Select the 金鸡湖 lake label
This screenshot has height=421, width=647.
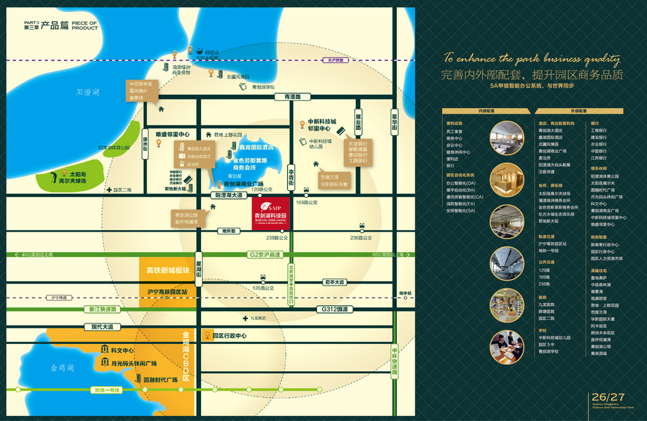click(x=62, y=367)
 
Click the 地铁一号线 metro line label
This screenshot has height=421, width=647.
click(x=107, y=389)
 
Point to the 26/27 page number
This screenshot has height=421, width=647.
click(x=608, y=398)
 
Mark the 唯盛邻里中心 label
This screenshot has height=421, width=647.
click(x=173, y=134)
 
